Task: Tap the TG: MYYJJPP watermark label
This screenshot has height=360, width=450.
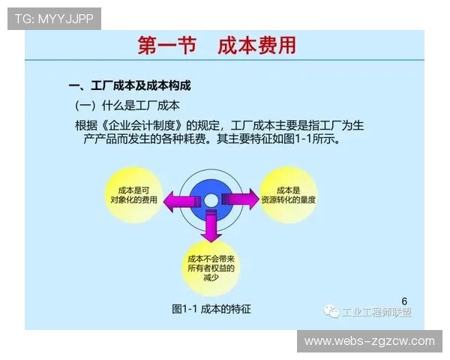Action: point(54,19)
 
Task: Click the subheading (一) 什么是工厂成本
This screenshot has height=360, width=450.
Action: point(127,105)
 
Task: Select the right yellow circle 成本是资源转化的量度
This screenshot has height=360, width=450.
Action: point(288,196)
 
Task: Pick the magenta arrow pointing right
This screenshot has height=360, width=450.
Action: point(241,199)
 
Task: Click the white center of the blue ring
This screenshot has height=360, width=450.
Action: point(211,200)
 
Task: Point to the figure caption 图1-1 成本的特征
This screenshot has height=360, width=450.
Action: point(211,308)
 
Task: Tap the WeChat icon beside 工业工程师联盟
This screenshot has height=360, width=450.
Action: point(330,312)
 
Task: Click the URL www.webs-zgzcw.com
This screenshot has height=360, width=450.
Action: point(369,341)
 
